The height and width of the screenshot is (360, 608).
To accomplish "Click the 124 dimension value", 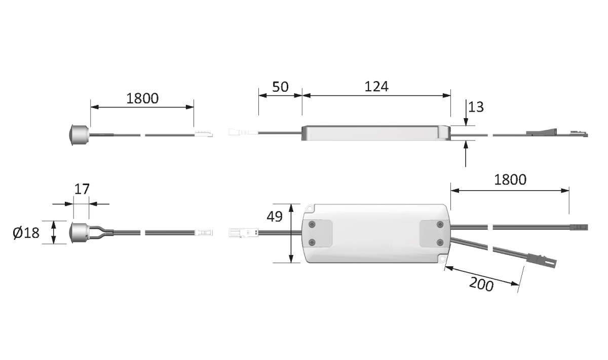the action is click(x=376, y=87).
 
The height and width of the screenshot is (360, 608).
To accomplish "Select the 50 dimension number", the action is click(x=280, y=87).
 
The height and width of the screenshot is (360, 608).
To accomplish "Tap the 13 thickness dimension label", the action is click(x=476, y=107).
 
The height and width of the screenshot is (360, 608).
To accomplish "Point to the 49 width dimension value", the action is click(x=275, y=217).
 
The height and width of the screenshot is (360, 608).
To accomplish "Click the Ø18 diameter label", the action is click(x=26, y=233).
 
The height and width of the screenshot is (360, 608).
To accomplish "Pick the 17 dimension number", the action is click(x=82, y=189).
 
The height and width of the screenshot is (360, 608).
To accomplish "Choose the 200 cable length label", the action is click(x=481, y=284).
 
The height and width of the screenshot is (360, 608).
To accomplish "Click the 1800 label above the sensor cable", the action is click(x=142, y=98).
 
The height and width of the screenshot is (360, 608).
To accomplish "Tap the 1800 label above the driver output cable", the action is click(x=510, y=180).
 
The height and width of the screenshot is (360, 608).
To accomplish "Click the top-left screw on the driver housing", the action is click(x=312, y=225).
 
